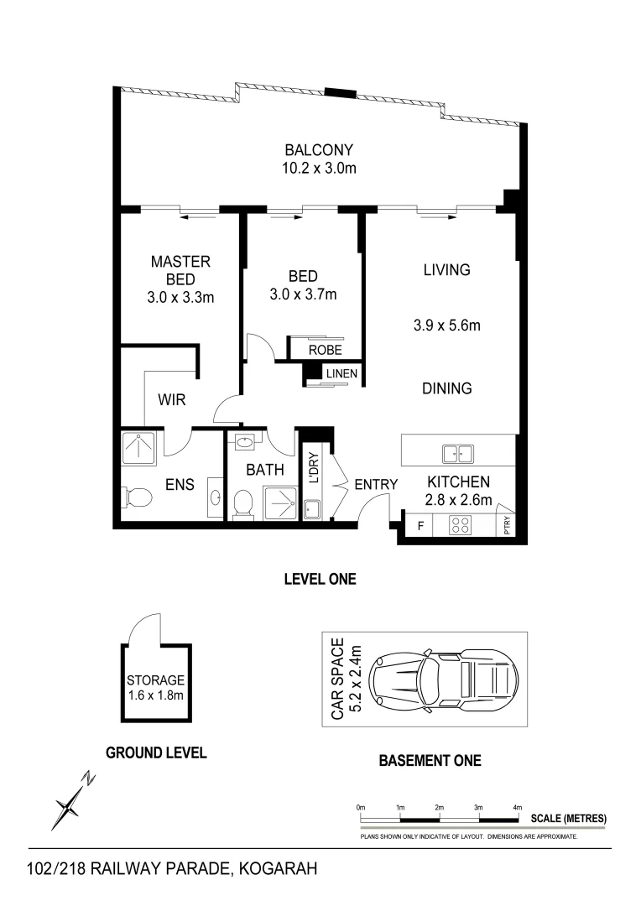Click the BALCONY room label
pos(319,151)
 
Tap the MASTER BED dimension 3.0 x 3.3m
pos(180,296)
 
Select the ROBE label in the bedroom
pos(325,351)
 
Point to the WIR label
pos(171,401)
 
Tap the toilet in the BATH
pos(243,503)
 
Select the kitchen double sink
pos(457,454)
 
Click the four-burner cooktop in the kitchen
pos(461,526)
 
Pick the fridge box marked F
pos(420,527)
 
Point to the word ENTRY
pos(375,484)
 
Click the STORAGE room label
pos(155,680)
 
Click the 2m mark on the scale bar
pos(439,807)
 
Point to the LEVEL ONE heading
pos(320,579)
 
